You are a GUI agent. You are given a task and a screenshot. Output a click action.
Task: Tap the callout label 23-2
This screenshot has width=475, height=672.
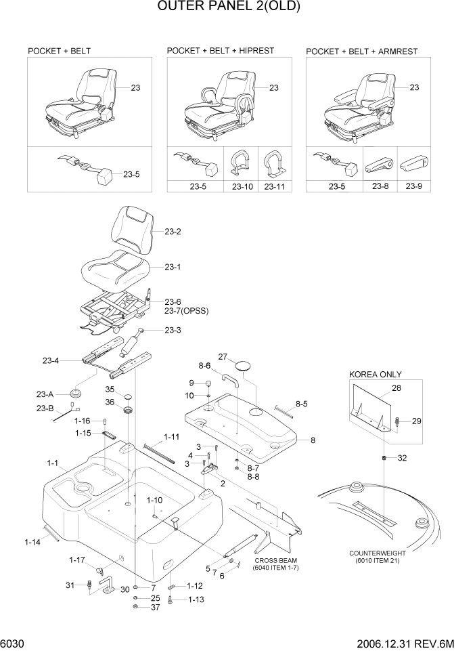tap(173, 232)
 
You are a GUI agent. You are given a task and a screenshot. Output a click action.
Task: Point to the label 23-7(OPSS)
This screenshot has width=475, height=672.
tap(187, 311)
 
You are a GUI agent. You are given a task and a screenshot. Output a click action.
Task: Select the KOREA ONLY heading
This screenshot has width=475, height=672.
tap(375, 375)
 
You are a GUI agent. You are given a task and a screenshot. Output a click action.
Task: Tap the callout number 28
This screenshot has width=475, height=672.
tap(397, 388)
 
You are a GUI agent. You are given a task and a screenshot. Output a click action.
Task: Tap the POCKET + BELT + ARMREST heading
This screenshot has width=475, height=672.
tap(361, 51)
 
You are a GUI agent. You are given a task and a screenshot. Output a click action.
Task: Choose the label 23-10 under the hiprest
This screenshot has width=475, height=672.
tap(242, 186)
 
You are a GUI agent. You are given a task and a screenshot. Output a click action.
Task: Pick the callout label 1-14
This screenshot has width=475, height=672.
tap(32, 541)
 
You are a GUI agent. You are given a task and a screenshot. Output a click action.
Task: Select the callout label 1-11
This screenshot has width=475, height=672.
tap(171, 436)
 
